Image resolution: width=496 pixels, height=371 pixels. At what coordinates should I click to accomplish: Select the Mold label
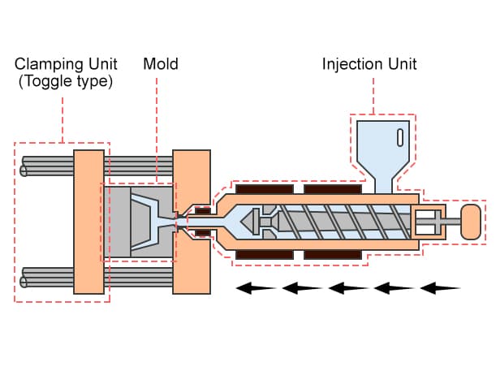pyautogui.click(x=160, y=63)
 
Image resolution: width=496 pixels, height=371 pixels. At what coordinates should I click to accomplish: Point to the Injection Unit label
pyautogui.click(x=369, y=63)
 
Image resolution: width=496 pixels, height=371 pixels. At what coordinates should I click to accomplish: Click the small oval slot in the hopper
pyautogui.click(x=400, y=136)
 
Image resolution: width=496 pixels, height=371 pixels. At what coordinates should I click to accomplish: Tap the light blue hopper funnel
pyautogui.click(x=382, y=150)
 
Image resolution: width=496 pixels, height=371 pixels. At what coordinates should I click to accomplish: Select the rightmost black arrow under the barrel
pyautogui.click(x=440, y=287)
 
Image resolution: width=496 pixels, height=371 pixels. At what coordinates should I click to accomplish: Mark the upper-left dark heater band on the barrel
pyautogui.click(x=263, y=189)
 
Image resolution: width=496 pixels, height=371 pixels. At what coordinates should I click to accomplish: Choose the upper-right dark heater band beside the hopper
pyautogui.click(x=333, y=189)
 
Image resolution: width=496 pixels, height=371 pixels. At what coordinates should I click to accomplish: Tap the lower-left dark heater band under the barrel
pyautogui.click(x=263, y=254)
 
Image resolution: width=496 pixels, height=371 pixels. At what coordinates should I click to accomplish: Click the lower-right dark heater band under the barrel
pyautogui.click(x=333, y=254)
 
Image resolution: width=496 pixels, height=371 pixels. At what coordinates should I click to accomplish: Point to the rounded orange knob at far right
pyautogui.click(x=472, y=222)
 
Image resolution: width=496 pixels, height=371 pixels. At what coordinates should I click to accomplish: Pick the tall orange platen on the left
pyautogui.click(x=87, y=221)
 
